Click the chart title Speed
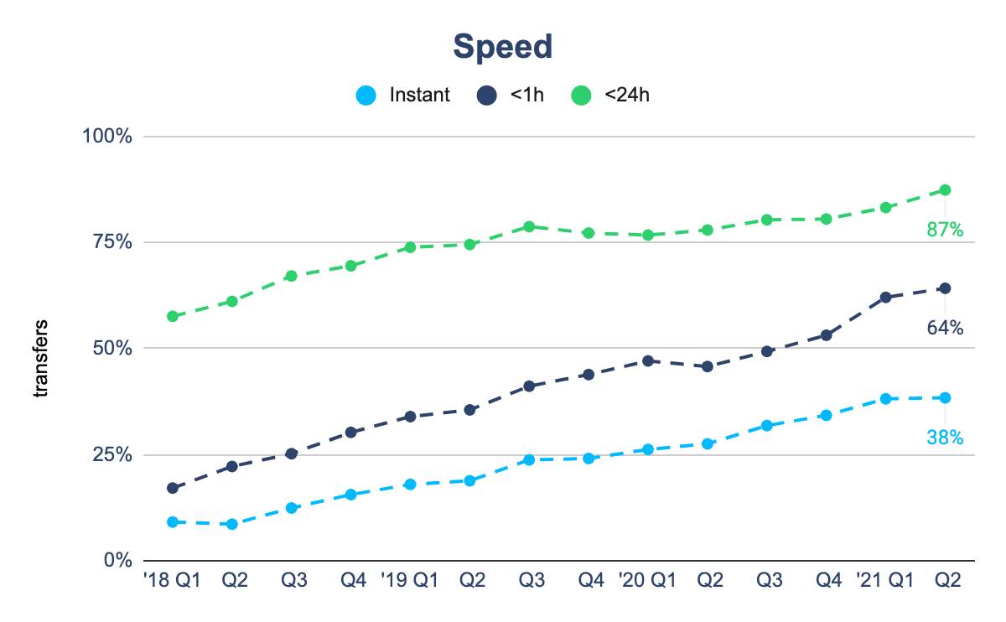tap(503, 47)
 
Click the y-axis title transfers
tap(41, 358)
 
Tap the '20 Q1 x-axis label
tap(647, 581)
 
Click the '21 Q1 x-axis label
tap(885, 581)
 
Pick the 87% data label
tap(945, 229)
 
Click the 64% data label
tap(945, 328)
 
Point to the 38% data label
tap(945, 437)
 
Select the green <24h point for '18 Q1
tap(173, 316)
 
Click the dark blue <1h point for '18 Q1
tap(173, 488)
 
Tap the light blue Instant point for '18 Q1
tap(173, 521)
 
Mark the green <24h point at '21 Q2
tap(945, 190)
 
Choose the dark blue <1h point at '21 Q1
tap(885, 297)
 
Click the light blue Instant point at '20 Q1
tap(648, 449)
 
